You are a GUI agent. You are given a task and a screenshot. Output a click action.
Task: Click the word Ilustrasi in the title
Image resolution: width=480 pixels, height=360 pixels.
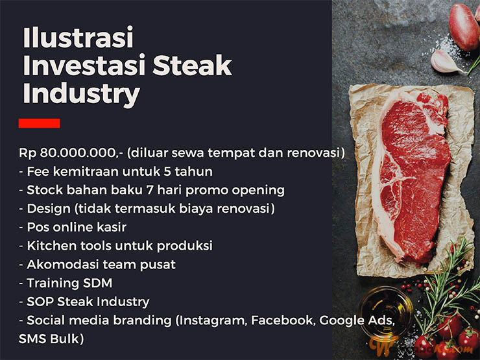[x=78, y=38]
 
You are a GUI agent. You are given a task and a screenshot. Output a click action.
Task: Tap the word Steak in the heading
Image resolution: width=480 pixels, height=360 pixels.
[x=192, y=66]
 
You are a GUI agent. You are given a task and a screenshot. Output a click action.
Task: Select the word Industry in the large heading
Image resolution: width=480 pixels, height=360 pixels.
[x=82, y=94]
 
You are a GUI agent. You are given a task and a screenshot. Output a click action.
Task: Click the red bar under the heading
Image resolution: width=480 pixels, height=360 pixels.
[x=39, y=123]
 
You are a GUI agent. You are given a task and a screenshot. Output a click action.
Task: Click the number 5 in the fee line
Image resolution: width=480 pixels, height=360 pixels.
[x=167, y=171]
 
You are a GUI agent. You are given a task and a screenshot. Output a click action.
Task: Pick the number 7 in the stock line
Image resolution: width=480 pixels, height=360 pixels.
[x=150, y=190]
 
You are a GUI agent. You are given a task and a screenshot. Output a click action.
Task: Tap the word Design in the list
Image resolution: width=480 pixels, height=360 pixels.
[x=49, y=209]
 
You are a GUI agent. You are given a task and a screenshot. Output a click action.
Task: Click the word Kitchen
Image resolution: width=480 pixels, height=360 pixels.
[x=51, y=246]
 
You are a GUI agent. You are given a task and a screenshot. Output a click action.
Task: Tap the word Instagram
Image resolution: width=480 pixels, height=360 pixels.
[x=213, y=321]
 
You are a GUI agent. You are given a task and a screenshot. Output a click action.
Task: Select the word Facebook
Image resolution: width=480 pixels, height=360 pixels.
[x=283, y=320]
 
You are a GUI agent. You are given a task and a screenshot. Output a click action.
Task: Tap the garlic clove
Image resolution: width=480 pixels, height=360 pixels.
[x=446, y=62]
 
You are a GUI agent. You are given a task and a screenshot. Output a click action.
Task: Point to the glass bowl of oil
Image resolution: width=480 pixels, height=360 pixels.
[x=386, y=311]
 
